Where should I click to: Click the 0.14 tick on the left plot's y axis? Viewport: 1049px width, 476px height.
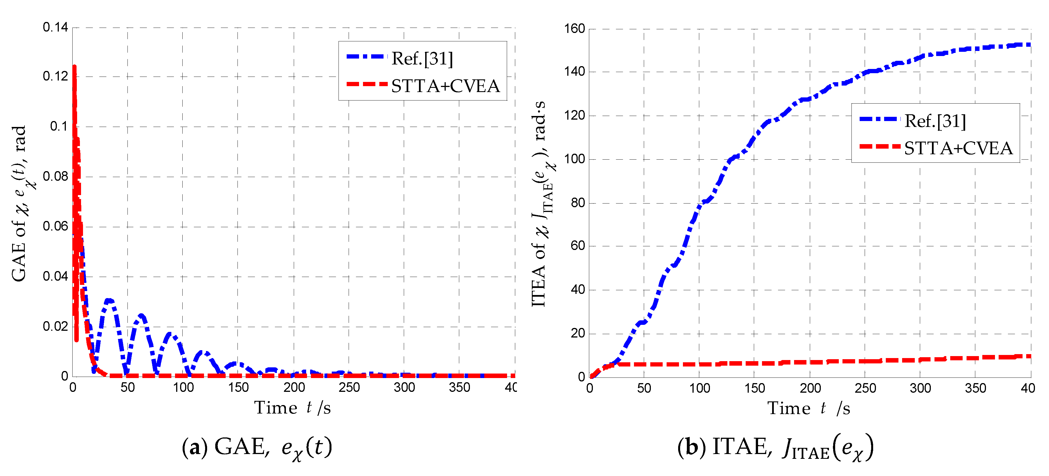pyautogui.click(x=55, y=27)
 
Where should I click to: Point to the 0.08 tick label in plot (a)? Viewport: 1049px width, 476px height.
pyautogui.click(x=55, y=176)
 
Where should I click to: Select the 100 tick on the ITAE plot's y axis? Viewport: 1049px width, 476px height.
pyautogui.click(x=574, y=159)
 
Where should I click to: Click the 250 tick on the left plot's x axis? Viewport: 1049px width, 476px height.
pyautogui.click(x=349, y=387)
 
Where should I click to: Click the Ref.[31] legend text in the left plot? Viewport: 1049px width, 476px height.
pyautogui.click(x=422, y=59)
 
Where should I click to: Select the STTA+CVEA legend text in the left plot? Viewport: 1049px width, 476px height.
pyautogui.click(x=445, y=86)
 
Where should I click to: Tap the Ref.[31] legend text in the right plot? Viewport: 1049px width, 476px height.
pyautogui.click(x=935, y=121)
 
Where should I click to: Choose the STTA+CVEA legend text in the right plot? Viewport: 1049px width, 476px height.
pyautogui.click(x=958, y=148)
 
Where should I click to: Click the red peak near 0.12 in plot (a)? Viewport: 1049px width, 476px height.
pyautogui.click(x=74, y=67)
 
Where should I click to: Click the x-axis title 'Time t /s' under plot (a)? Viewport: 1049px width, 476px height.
pyautogui.click(x=292, y=408)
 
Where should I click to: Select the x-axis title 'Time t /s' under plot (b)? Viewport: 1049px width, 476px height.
pyautogui.click(x=809, y=408)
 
